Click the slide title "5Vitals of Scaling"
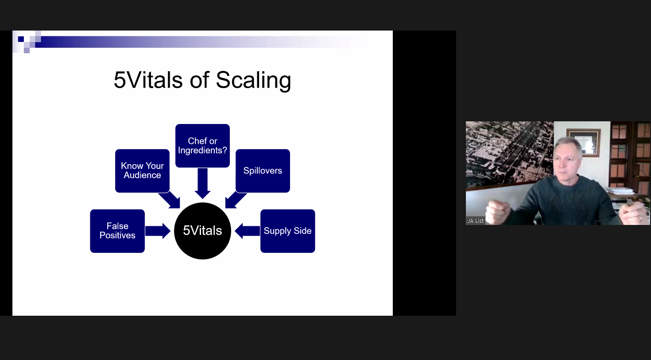[x=202, y=80]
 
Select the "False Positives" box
[x=117, y=231]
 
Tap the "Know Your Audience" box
[x=143, y=171]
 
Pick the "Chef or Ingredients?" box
[x=202, y=146]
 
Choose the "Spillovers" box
[x=263, y=171]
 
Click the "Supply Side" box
[x=288, y=231]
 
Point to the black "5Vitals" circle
[x=202, y=231]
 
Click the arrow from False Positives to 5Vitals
[x=158, y=231]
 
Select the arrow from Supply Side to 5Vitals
[x=247, y=231]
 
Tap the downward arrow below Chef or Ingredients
[x=202, y=183]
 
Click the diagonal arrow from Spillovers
[x=235, y=199]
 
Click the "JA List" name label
[x=476, y=221]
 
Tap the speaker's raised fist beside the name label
[x=498, y=213]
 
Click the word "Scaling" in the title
[x=253, y=81]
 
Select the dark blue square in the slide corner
[x=21, y=39]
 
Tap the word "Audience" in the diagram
[x=143, y=175]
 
